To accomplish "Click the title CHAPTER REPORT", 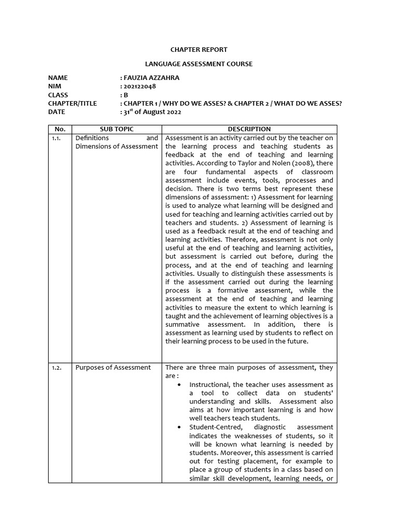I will tap(199, 50).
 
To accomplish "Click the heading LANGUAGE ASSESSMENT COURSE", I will tap(199, 64).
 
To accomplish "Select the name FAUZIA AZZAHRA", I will tap(151, 78).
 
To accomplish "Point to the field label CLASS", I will tap(58, 95).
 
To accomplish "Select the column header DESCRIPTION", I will tap(249, 129).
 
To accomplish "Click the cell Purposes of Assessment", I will tap(113, 368).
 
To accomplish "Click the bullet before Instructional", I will tap(179, 385).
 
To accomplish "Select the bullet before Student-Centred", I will tap(179, 427).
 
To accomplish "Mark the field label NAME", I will tap(58, 78).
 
